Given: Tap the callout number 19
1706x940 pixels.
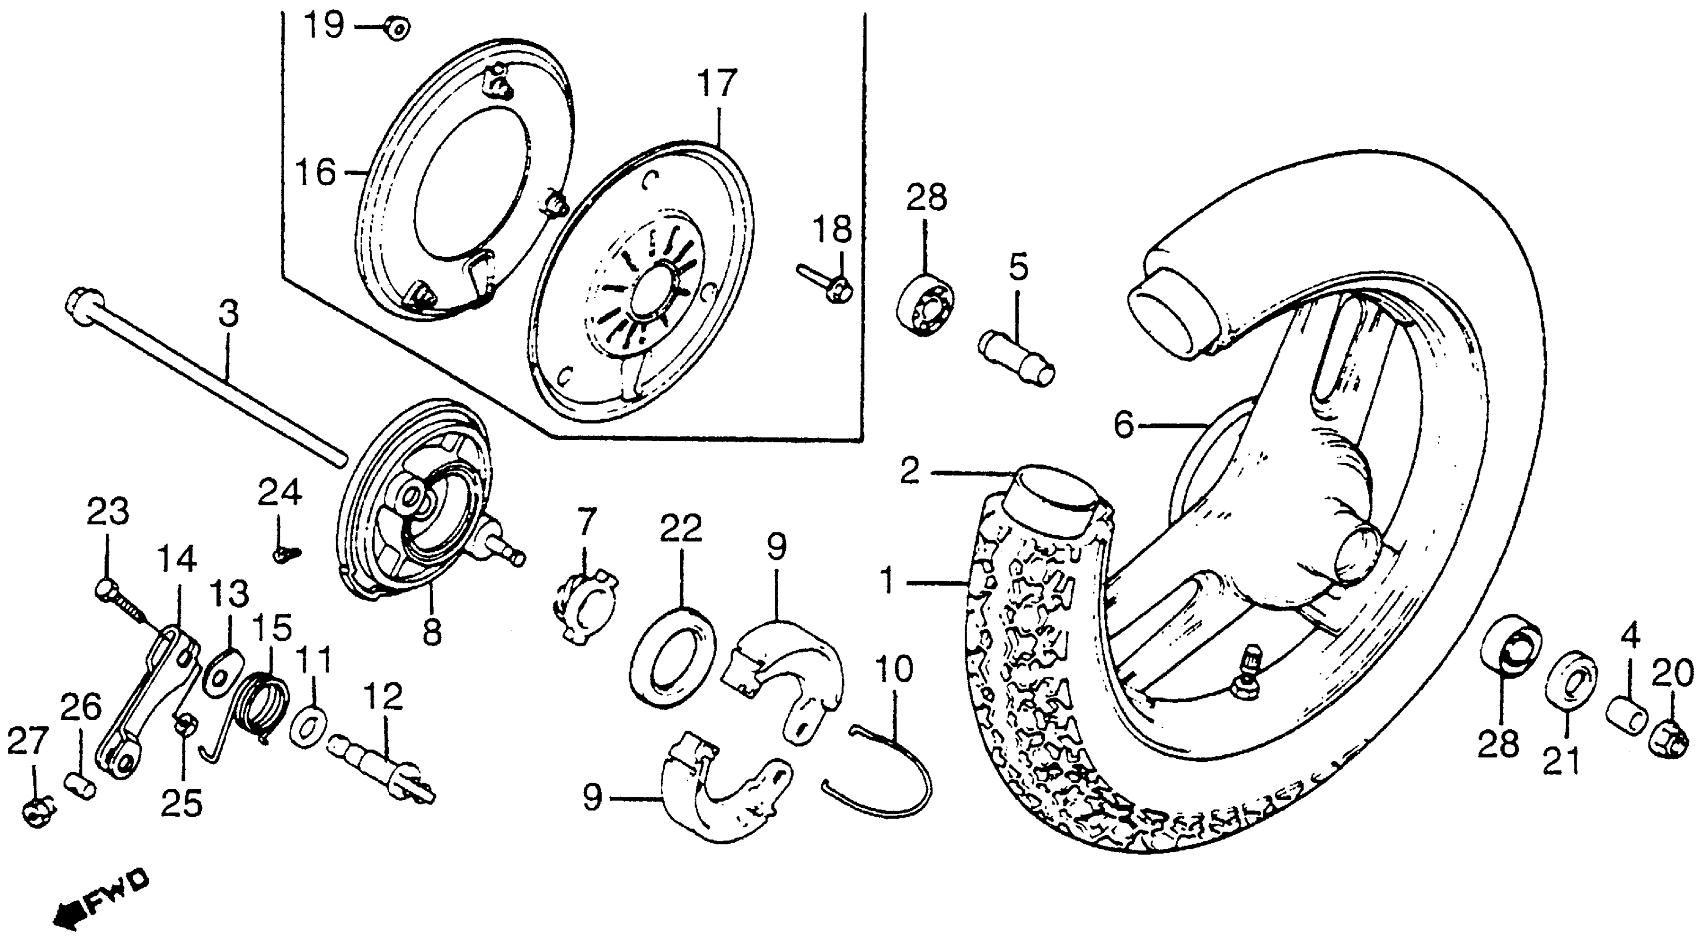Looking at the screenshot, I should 325,26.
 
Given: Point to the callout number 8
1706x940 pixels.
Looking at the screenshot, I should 432,631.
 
